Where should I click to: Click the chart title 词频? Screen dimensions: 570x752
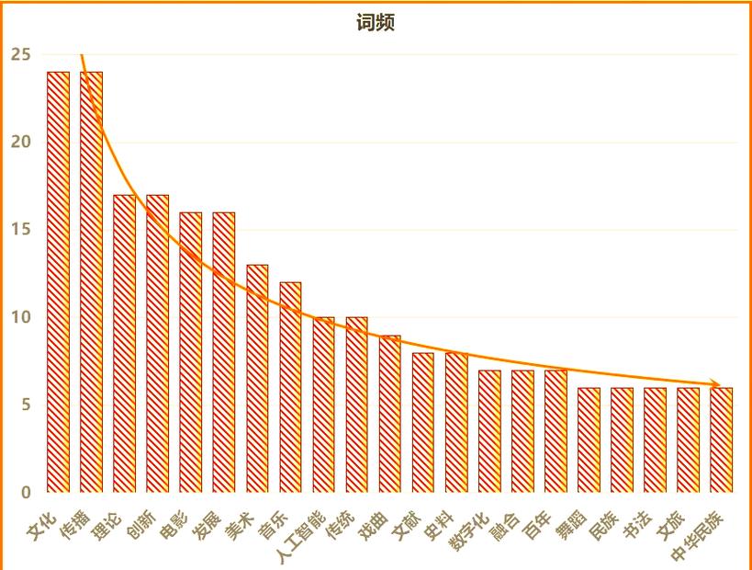[x=376, y=23]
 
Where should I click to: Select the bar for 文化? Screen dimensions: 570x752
[x=58, y=281]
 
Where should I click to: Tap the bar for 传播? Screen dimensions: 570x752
[x=91, y=281]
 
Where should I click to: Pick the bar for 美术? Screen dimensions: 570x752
[x=257, y=378]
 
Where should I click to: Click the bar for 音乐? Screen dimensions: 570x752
[x=290, y=386]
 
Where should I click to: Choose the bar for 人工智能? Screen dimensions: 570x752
[x=323, y=405]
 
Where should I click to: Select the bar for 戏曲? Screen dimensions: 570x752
[x=390, y=414]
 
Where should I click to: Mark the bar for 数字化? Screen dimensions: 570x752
[x=489, y=430]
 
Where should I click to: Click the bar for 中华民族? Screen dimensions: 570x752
[x=722, y=439]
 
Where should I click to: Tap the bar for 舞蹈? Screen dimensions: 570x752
[x=589, y=439]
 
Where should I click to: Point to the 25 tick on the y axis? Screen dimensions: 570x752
[x=20, y=54]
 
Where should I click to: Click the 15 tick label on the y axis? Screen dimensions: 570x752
[x=20, y=229]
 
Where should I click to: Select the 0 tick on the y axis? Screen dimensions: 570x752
[x=26, y=492]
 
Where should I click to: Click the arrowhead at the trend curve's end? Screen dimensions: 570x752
[x=718, y=384]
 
